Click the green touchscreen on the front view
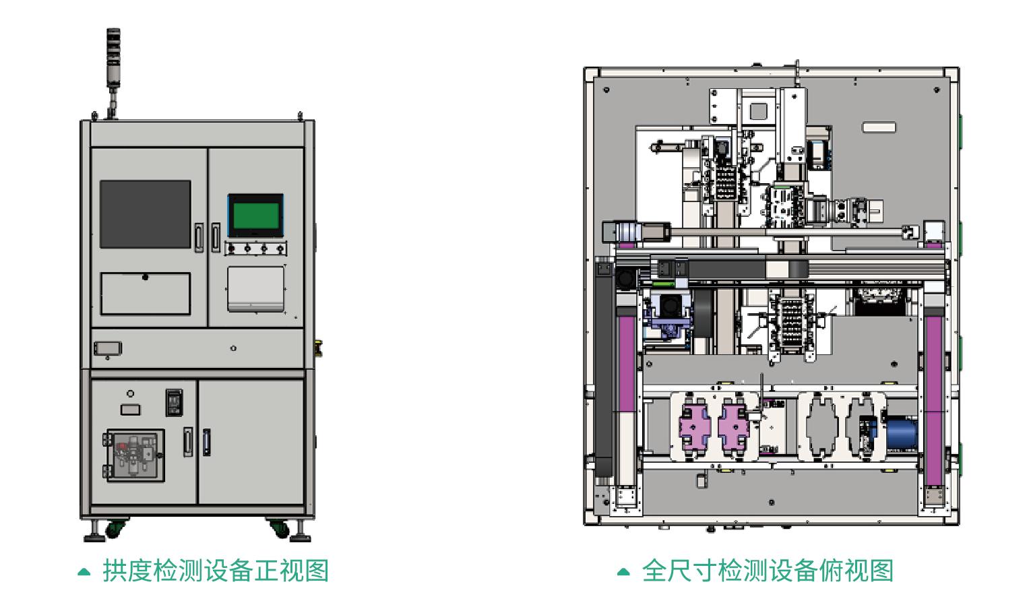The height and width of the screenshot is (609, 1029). (255, 215)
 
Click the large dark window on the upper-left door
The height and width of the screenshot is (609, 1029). (145, 214)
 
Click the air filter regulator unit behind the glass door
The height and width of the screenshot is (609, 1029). (134, 456)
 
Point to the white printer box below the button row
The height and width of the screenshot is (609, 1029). (255, 288)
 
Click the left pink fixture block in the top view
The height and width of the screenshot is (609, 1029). (694, 427)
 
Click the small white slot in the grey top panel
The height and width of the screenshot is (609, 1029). (879, 127)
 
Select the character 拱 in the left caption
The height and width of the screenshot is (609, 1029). (115, 571)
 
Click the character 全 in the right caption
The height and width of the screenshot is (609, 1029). (654, 571)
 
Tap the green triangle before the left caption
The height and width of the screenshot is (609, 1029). (84, 572)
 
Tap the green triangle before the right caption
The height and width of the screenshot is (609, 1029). (623, 572)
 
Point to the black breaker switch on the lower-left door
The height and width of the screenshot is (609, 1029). (174, 403)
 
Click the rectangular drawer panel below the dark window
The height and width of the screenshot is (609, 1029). (145, 294)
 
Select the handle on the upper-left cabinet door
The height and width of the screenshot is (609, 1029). (199, 237)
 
